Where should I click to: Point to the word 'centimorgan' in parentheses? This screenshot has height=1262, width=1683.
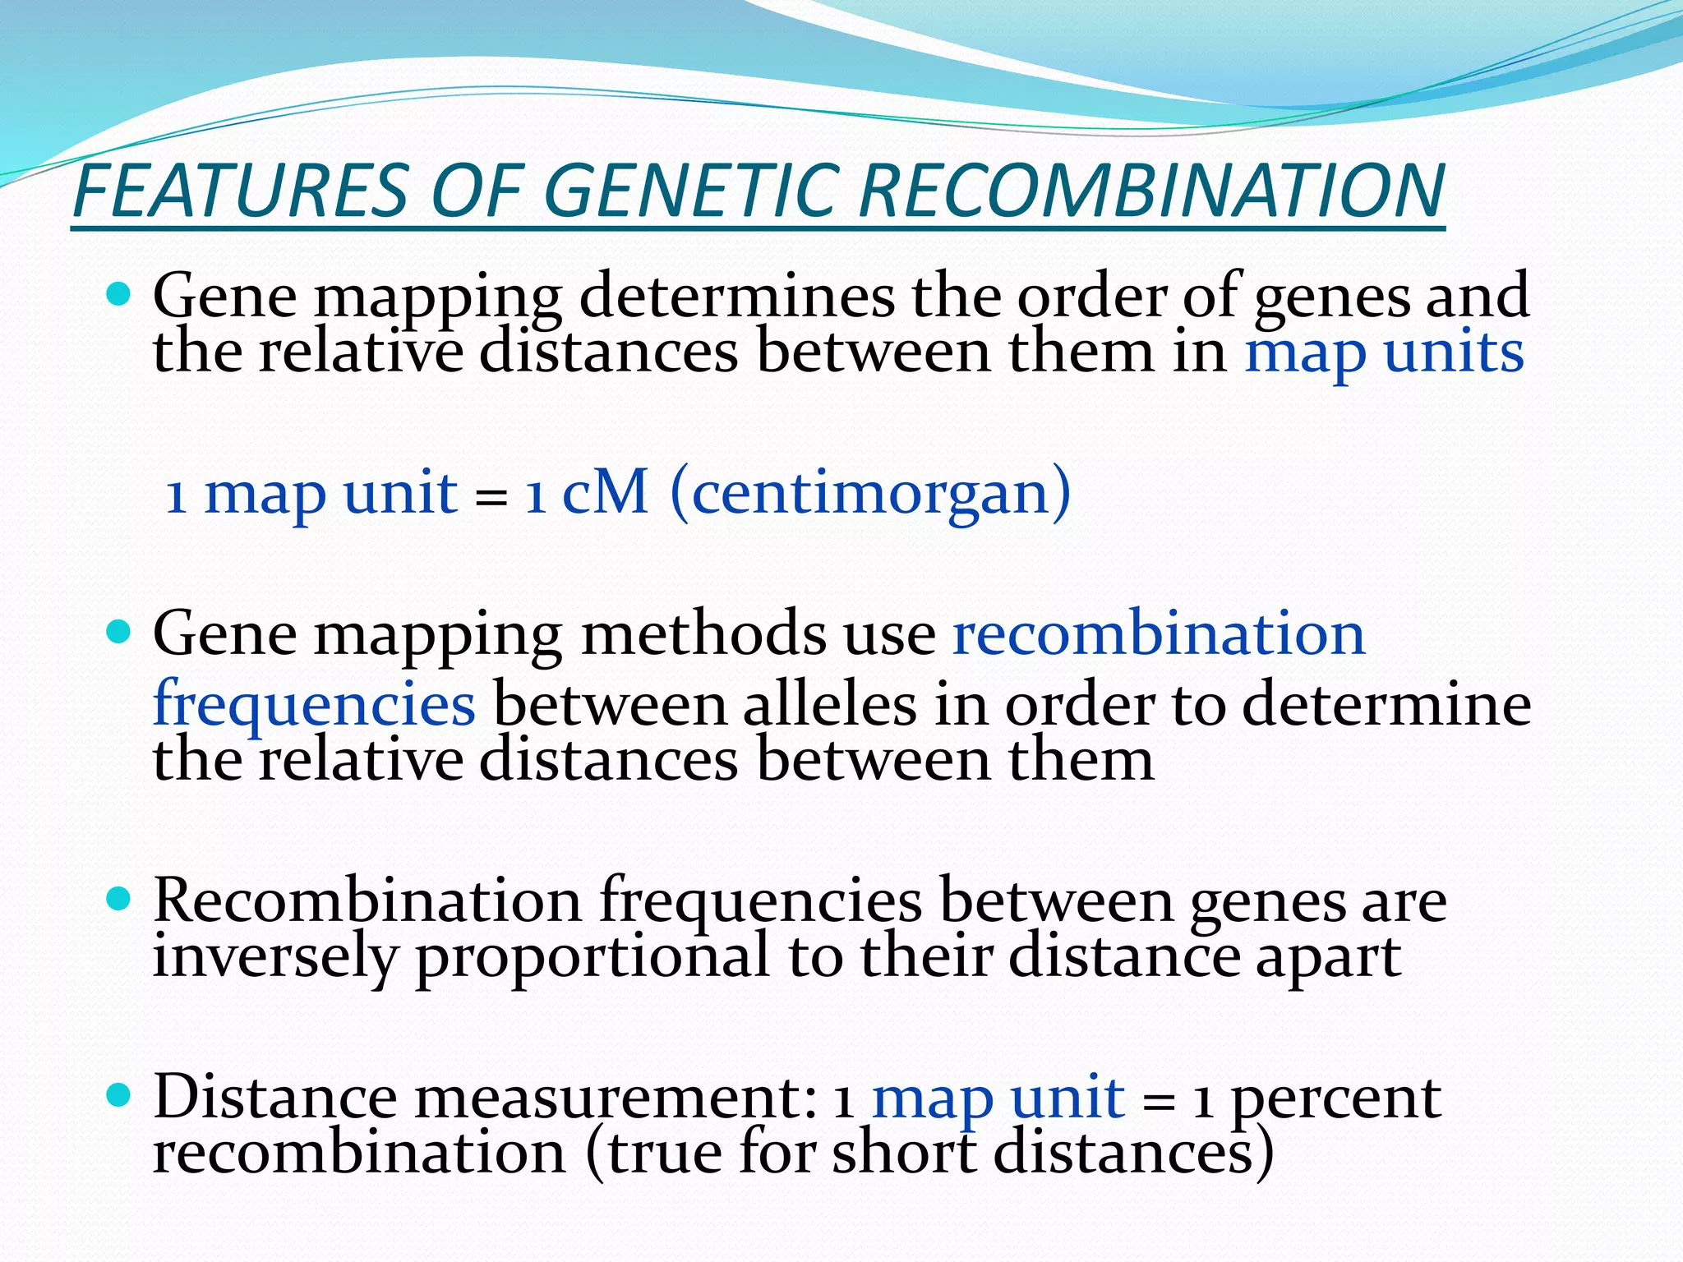(x=871, y=493)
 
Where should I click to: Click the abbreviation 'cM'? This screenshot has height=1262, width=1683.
(x=604, y=493)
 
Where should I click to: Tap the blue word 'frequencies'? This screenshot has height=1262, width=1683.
(x=314, y=705)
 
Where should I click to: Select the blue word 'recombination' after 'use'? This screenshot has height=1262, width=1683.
(x=1159, y=634)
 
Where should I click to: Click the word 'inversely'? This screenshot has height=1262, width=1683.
(x=274, y=958)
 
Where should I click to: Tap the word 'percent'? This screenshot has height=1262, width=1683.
(x=1336, y=1098)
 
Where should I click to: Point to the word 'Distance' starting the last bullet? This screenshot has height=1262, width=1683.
(x=274, y=1098)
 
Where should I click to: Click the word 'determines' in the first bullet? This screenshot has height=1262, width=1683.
(x=737, y=296)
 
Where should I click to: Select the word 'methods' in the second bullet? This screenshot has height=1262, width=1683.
(x=703, y=634)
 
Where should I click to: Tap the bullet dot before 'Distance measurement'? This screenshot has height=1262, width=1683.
(x=119, y=1094)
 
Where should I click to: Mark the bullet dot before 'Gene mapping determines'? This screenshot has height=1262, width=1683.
(x=119, y=293)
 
